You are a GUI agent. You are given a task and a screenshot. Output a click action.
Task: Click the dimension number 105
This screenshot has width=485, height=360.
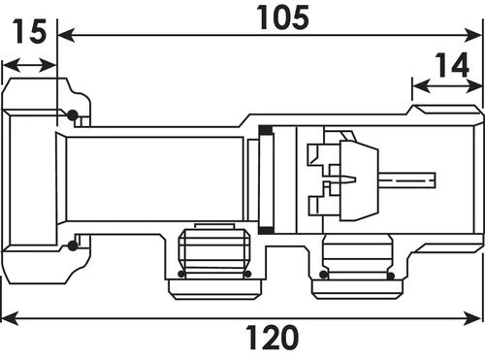pyautogui.click(x=282, y=17)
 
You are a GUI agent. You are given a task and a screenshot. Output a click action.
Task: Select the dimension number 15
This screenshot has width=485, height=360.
pyautogui.click(x=29, y=31)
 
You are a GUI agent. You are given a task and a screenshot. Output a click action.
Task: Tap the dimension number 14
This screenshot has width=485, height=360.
pyautogui.click(x=452, y=65)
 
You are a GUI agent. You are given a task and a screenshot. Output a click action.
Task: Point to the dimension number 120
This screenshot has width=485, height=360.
pyautogui.click(x=272, y=338)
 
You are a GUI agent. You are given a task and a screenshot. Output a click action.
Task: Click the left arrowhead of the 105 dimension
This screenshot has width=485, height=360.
pyautogui.click(x=66, y=35)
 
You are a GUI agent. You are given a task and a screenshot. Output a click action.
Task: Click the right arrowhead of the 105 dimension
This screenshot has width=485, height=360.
pyautogui.click(x=472, y=35)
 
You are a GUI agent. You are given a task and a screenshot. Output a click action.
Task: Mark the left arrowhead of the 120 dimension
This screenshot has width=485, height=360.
pyautogui.click(x=10, y=318)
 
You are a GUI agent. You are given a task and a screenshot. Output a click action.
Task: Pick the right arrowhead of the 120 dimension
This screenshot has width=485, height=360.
pyautogui.click(x=472, y=318)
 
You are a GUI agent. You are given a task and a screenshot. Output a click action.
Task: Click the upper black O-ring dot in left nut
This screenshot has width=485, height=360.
pyautogui.click(x=72, y=115)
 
